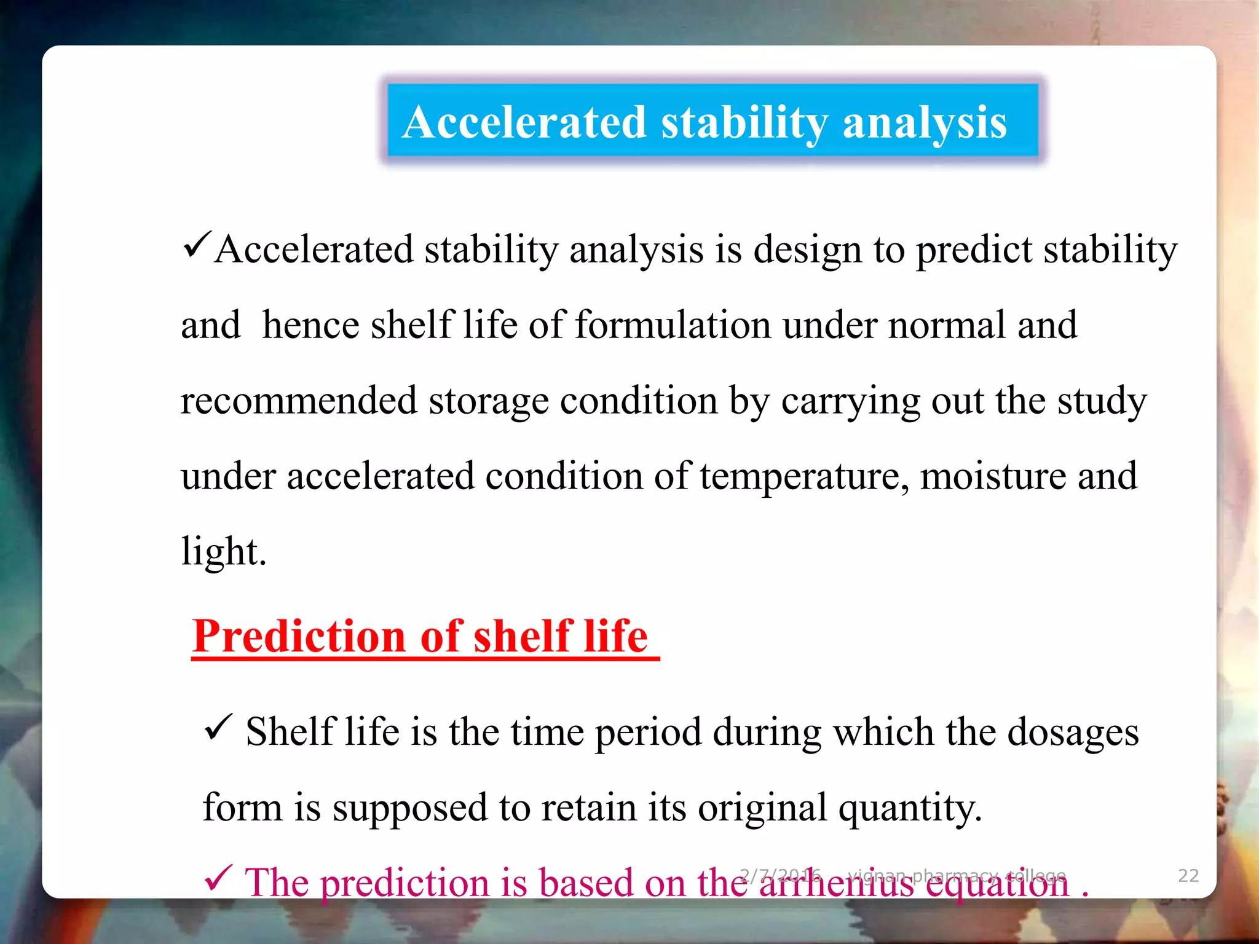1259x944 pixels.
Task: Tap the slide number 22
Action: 1188,875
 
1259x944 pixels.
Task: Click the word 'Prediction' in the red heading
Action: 299,636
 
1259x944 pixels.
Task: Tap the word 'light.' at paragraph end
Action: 224,551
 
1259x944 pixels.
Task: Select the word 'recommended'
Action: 299,401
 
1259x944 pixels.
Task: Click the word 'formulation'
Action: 673,325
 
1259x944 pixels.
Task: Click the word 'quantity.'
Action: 910,808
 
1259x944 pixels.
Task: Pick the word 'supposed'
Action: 410,808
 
